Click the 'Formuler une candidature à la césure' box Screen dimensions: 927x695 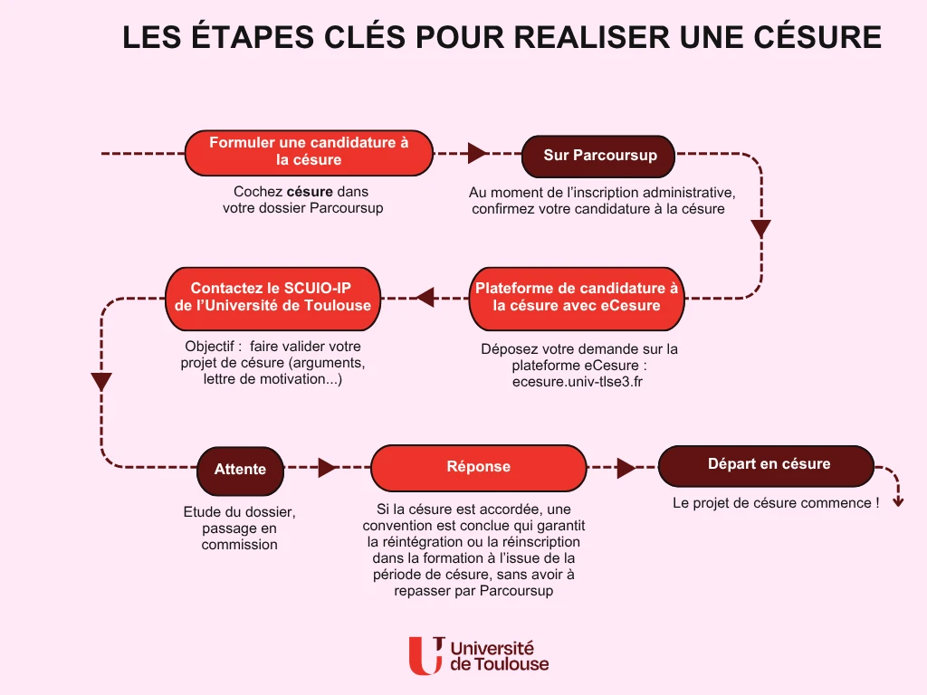309,153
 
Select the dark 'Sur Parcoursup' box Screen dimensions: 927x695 598,156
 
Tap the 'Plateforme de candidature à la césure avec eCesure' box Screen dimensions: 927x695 577,299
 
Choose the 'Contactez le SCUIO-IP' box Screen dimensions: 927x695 272,299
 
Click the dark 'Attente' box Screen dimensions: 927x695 240,471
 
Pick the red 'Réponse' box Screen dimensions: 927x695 478,468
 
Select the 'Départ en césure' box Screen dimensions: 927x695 766,466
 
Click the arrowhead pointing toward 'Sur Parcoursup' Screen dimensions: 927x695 477,153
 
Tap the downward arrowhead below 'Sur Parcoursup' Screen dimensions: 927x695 760,229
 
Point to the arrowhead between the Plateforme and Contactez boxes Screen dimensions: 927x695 425,297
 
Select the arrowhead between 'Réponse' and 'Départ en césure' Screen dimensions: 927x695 626,468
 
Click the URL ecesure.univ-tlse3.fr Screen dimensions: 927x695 577,382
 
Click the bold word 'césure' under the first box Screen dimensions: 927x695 310,192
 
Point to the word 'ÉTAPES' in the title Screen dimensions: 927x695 253,36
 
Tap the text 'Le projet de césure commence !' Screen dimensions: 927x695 776,503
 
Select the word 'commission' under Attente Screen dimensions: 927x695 239,544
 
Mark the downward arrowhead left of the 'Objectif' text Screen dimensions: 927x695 101,382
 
